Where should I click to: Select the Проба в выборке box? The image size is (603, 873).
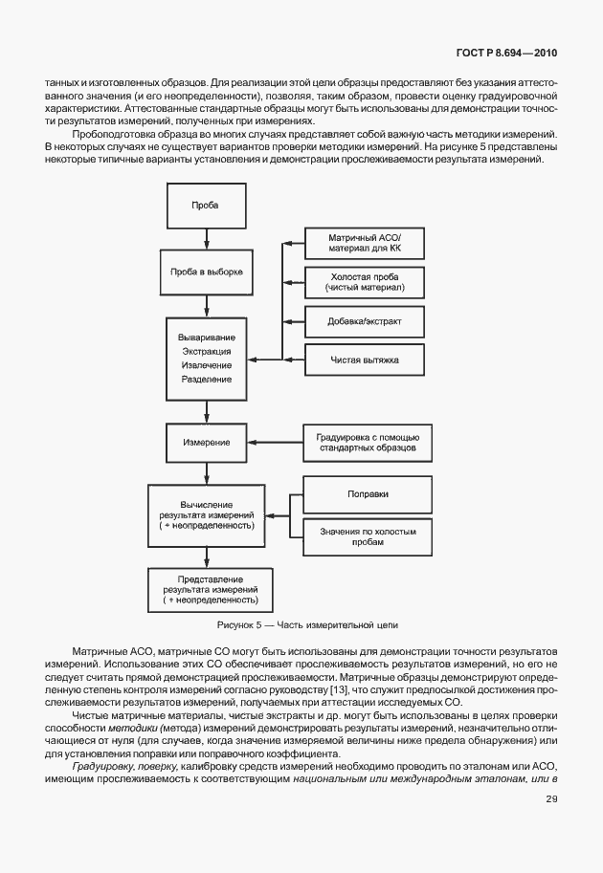tap(206, 272)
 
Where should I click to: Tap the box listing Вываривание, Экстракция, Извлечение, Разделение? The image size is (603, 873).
tap(206, 359)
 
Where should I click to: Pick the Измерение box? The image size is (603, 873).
tap(206, 443)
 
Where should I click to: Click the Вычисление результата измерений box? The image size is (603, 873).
tap(206, 515)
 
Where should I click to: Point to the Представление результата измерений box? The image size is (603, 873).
tap(205, 588)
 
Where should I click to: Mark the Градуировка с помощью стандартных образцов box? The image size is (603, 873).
tap(367, 442)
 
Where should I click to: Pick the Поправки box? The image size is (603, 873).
tap(367, 493)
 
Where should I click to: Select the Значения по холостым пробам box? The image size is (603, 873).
tap(367, 535)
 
